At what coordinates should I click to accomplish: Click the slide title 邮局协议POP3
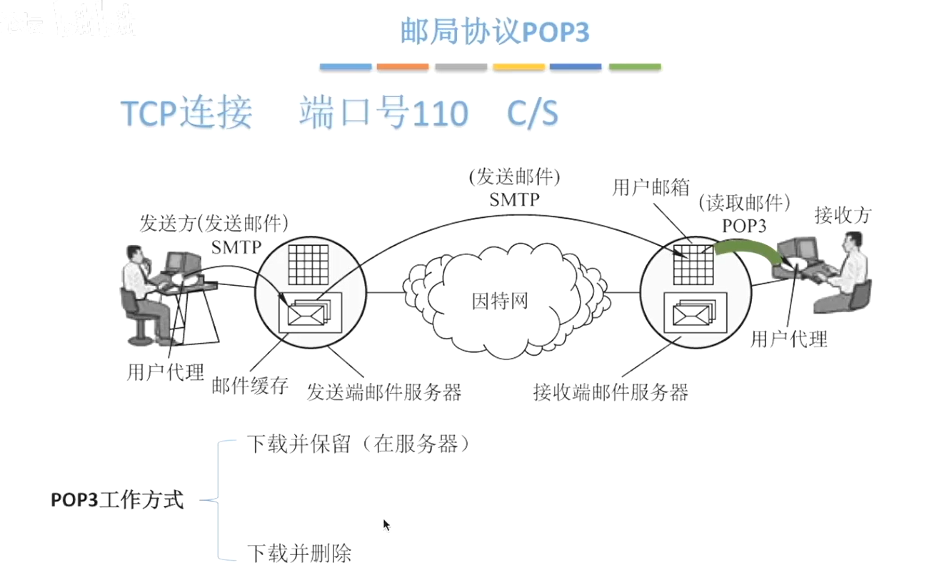click(494, 33)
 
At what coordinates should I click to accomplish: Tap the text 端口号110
click(383, 114)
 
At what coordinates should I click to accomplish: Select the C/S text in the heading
click(532, 114)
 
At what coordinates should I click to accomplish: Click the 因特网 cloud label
click(500, 300)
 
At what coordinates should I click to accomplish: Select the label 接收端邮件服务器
click(611, 392)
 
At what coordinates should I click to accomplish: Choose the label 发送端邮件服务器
click(384, 392)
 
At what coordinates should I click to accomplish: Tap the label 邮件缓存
click(250, 386)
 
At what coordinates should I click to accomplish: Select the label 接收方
click(843, 215)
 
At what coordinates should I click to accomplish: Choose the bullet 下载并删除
click(299, 553)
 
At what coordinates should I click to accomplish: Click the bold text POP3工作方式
click(117, 500)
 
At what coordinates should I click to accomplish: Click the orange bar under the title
click(403, 67)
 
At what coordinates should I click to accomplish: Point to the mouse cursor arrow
click(386, 524)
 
